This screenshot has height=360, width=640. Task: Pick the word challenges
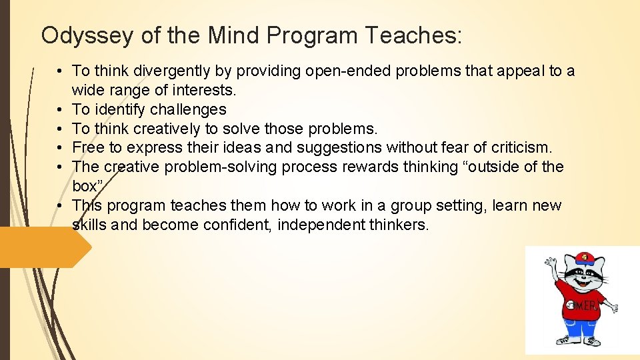click(188, 109)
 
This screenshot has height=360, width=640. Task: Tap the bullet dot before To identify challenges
click(60, 109)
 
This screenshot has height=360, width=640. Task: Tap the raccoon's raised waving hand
click(550, 263)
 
